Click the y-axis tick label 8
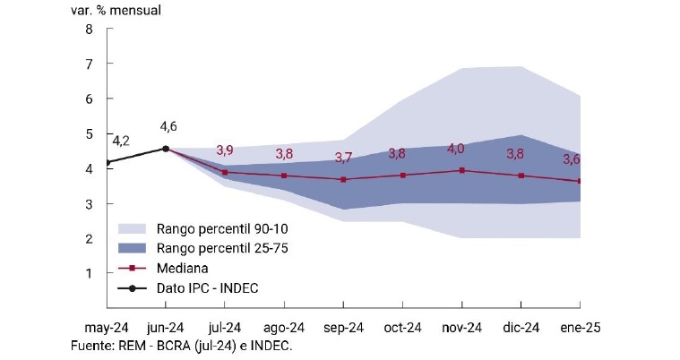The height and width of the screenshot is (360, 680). [x=89, y=29]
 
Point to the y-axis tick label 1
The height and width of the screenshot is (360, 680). [x=89, y=273]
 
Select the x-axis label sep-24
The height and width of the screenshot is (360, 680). [x=343, y=329]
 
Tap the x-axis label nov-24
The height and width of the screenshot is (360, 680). [x=461, y=329]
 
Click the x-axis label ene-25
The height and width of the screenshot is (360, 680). [x=579, y=329]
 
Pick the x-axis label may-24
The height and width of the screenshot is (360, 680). [x=108, y=329]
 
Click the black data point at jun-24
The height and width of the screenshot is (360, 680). [x=167, y=149]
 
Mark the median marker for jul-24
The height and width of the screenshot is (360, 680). [x=226, y=172]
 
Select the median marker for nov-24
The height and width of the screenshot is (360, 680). [x=461, y=169]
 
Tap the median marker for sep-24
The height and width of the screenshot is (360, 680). [x=343, y=179]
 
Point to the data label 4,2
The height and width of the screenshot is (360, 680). [x=121, y=141]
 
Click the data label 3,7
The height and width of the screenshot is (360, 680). [x=343, y=158]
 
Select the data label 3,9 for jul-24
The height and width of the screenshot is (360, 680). [x=226, y=150]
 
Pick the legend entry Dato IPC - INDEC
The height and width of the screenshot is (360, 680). [x=207, y=287]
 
